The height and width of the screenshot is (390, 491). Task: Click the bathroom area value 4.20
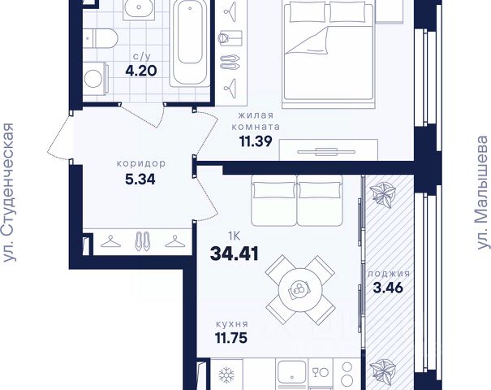click(141, 71)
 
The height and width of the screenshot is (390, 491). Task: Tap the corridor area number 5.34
click(140, 180)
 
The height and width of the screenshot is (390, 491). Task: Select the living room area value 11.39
click(256, 141)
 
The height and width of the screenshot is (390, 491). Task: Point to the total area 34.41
click(235, 253)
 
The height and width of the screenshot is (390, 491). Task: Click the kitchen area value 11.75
click(231, 338)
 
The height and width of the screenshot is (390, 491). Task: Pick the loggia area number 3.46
click(388, 288)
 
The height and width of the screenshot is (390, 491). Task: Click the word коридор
click(141, 163)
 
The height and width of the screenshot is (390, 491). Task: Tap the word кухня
click(232, 323)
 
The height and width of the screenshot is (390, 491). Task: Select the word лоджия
click(389, 274)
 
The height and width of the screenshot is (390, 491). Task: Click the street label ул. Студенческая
click(8, 193)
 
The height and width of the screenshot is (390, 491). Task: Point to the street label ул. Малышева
click(483, 193)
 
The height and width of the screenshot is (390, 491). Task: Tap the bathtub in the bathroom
click(190, 42)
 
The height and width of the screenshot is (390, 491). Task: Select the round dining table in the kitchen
click(300, 290)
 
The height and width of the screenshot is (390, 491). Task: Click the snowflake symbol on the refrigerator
click(226, 375)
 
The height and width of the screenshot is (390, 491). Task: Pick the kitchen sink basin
click(291, 375)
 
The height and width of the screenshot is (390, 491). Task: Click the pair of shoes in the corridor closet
click(142, 241)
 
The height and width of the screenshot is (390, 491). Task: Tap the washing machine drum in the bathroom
click(93, 78)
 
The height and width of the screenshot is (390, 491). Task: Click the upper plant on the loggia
click(382, 195)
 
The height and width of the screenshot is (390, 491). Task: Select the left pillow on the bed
click(308, 12)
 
